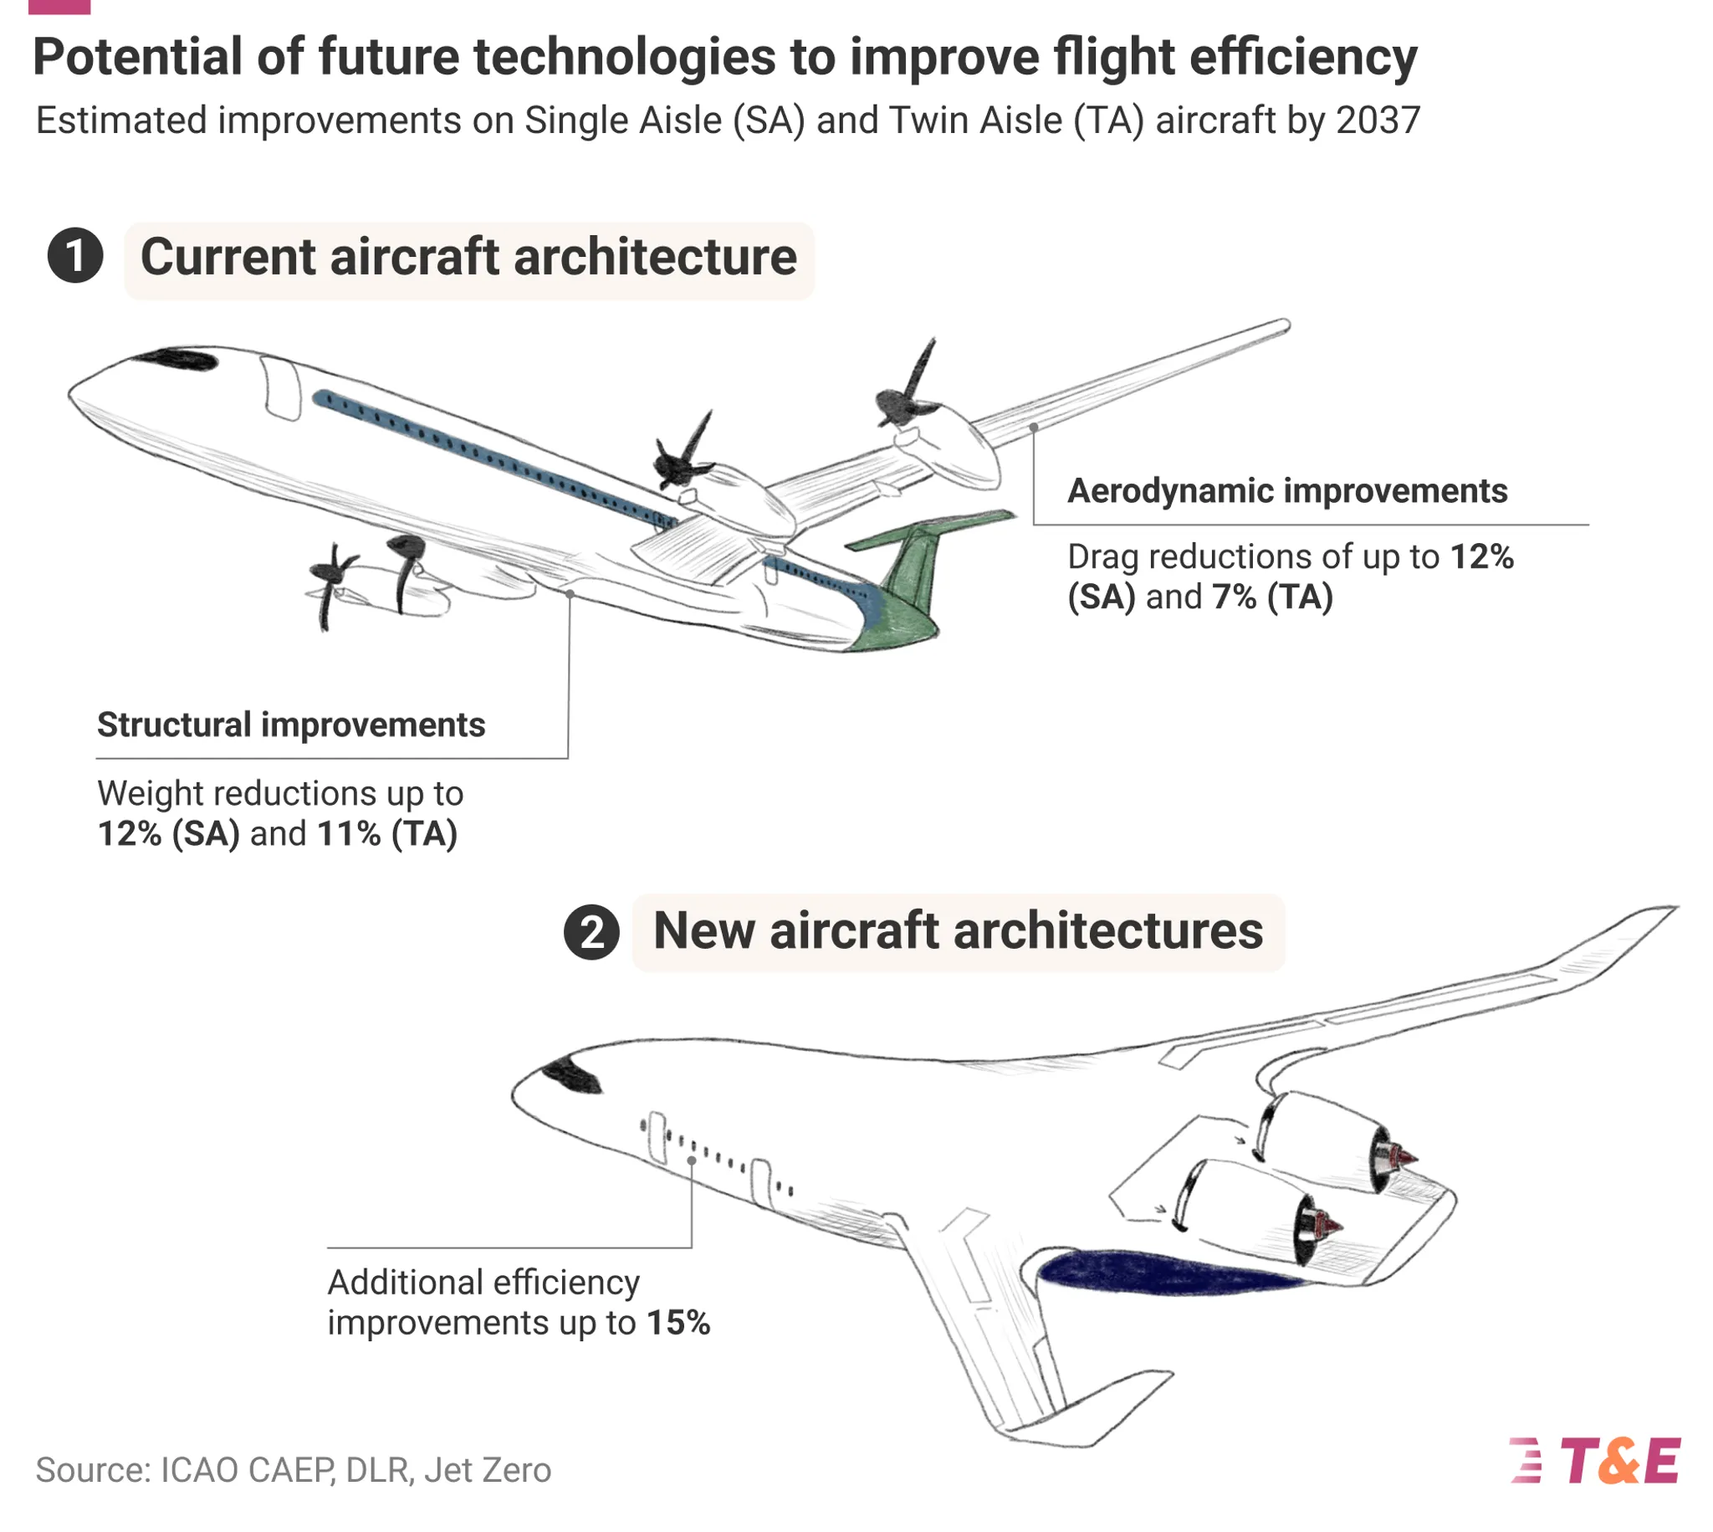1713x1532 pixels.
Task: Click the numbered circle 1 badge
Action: point(75,255)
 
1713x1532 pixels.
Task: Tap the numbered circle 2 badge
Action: point(591,932)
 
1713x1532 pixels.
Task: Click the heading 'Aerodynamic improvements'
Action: point(1286,491)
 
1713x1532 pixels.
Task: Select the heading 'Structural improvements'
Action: point(291,725)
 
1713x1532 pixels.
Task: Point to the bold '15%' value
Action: point(678,1322)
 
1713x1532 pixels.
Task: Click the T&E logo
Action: point(1595,1459)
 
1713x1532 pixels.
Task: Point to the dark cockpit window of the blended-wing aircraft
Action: point(572,1077)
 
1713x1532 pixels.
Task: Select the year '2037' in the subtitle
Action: point(1378,120)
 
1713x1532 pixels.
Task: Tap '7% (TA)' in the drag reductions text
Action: point(1272,597)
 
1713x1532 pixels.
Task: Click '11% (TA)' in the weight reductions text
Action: point(387,833)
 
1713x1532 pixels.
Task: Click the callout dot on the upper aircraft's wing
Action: point(1033,428)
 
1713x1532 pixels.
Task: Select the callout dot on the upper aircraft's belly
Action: point(570,594)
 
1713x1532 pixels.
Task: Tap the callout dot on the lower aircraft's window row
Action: point(691,1160)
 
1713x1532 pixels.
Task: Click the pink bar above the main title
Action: point(59,7)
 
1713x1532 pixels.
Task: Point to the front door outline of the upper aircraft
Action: point(280,388)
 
